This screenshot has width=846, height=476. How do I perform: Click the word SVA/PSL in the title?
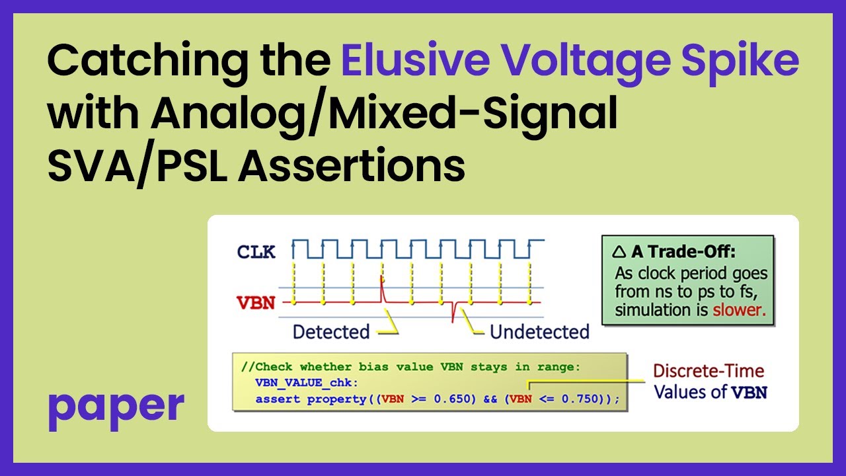[136, 166]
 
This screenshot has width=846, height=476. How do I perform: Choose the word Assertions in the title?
[352, 166]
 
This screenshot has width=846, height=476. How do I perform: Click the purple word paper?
[116, 406]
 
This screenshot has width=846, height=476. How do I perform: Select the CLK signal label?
[256, 251]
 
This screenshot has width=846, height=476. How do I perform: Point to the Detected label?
[330, 331]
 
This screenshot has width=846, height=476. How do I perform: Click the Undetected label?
[539, 331]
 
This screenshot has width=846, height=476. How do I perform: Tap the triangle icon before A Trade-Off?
[619, 251]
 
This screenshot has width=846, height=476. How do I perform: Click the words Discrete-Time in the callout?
[708, 372]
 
